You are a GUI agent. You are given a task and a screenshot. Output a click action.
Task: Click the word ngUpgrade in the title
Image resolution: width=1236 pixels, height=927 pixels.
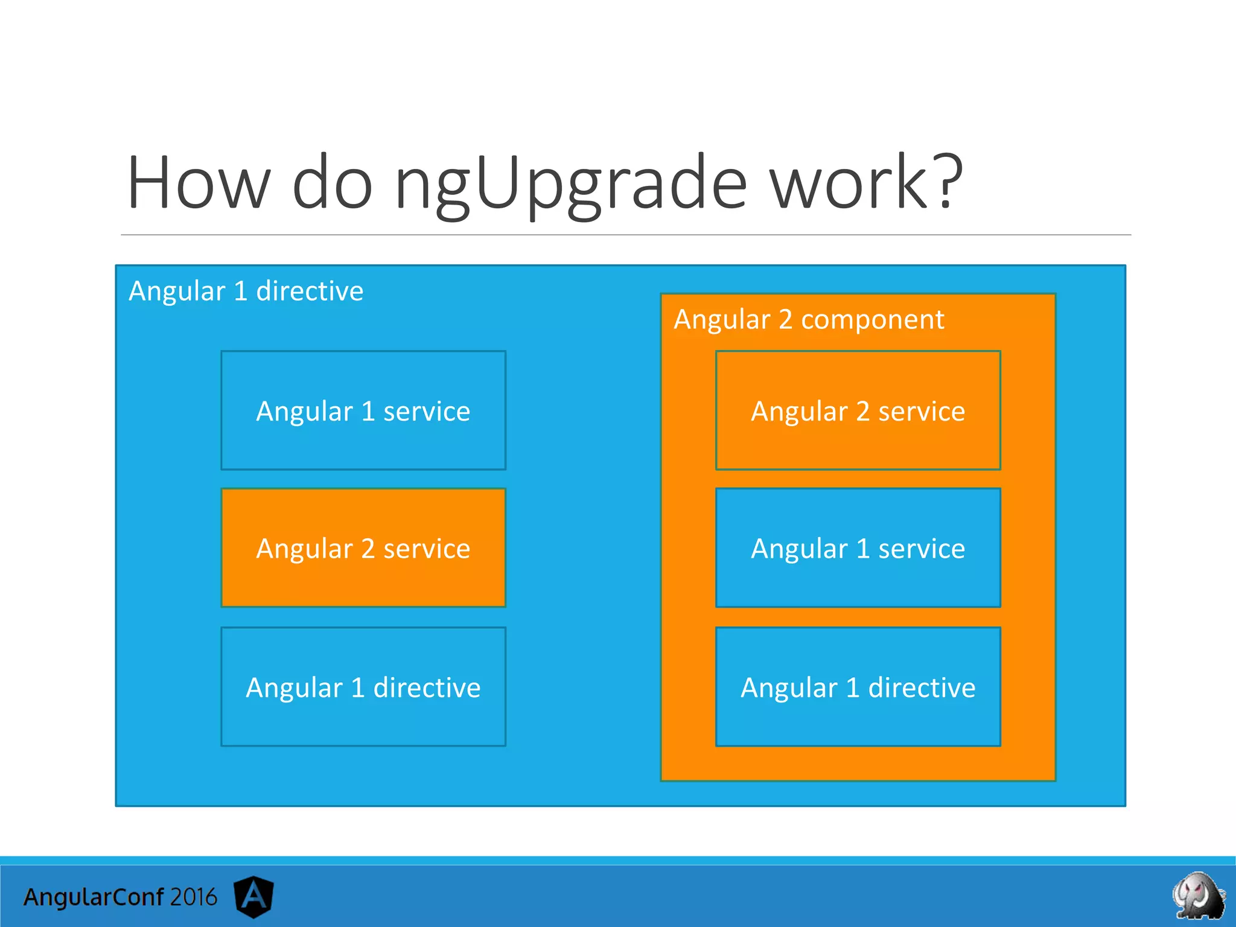point(570,184)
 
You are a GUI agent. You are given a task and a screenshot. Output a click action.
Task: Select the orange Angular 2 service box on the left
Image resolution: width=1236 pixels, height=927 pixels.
point(363,548)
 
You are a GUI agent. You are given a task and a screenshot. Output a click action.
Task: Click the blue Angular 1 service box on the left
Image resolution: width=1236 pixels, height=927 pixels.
point(363,410)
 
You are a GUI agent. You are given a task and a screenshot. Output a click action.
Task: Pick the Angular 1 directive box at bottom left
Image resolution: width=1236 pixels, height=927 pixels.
point(363,687)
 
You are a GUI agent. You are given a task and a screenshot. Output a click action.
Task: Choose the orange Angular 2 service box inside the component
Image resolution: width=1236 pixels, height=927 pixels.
point(858,410)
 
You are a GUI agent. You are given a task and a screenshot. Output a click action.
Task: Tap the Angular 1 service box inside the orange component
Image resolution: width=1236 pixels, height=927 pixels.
point(858,548)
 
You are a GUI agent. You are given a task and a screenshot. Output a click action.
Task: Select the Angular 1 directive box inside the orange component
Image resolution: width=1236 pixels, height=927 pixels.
point(858,687)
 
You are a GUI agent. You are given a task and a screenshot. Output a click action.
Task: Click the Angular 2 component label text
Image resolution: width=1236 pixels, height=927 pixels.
point(808,319)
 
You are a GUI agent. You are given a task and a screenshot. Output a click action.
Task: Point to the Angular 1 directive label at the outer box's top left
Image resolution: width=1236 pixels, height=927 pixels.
point(246,291)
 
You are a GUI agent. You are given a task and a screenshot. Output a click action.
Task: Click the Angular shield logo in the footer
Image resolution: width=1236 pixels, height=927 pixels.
point(253,896)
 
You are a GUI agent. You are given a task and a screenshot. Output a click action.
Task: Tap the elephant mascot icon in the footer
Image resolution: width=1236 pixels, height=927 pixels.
point(1197,895)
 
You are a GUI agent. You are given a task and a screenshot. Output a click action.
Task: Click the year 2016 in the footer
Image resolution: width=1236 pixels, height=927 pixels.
point(193,897)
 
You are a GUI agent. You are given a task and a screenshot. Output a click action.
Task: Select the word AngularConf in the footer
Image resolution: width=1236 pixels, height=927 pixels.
point(94,897)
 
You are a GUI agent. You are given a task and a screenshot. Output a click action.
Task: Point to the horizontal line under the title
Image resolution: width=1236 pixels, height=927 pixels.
point(625,235)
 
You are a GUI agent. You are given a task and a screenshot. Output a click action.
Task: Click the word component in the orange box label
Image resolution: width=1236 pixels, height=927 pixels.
point(872,319)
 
